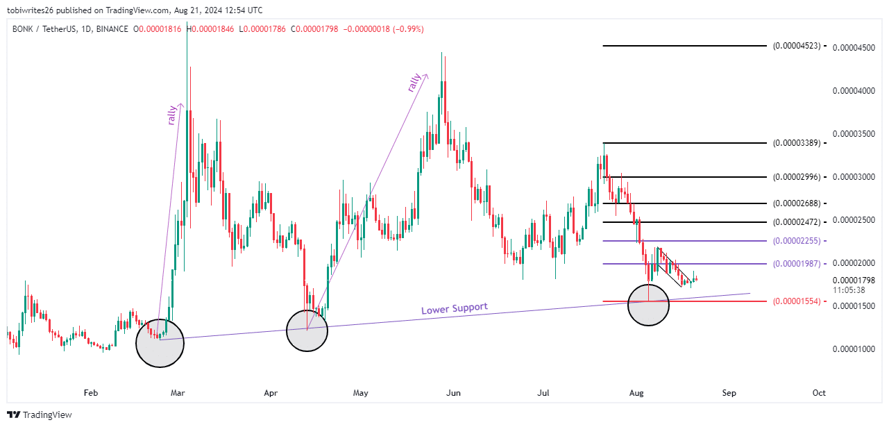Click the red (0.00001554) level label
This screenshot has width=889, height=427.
tap(796, 301)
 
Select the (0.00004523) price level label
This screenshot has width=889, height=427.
tap(796, 46)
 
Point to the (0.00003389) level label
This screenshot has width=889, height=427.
tap(796, 143)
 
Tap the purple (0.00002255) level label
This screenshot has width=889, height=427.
tap(796, 241)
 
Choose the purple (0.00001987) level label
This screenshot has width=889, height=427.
tap(796, 264)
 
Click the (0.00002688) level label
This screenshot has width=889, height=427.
tap(796, 203)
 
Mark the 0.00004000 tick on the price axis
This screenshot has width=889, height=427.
tap(854, 91)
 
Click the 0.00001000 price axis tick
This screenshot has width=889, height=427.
tap(854, 349)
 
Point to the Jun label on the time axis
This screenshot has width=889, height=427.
tap(453, 393)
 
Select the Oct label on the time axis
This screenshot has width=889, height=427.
tap(819, 393)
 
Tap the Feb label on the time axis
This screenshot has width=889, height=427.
tap(90, 393)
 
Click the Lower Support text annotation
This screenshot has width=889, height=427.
tap(455, 308)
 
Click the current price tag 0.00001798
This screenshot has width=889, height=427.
tap(854, 281)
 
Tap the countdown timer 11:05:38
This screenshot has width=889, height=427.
tap(849, 290)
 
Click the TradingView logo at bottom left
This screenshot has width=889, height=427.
tap(40, 415)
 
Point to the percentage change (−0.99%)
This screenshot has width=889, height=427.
tap(408, 29)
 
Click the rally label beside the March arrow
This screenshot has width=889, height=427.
tap(172, 115)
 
